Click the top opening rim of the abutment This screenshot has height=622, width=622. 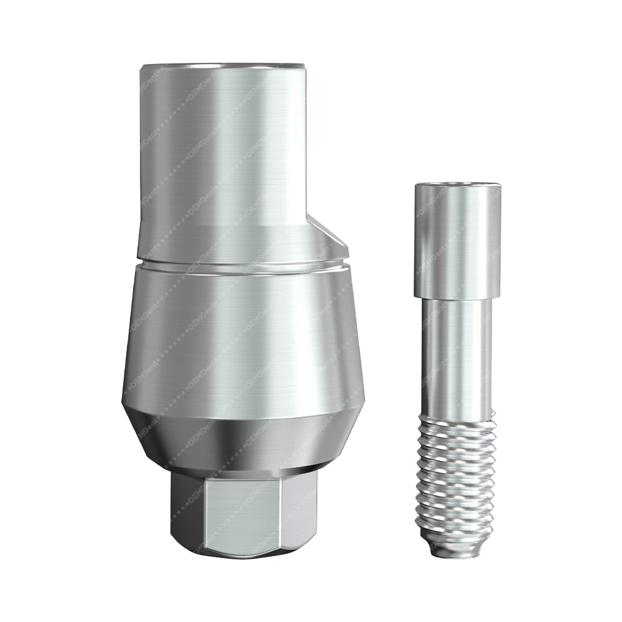click(x=222, y=65)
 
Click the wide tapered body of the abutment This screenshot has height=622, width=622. click(x=243, y=336)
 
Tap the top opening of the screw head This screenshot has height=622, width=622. click(x=457, y=185)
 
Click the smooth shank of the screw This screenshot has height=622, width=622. click(x=457, y=355)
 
